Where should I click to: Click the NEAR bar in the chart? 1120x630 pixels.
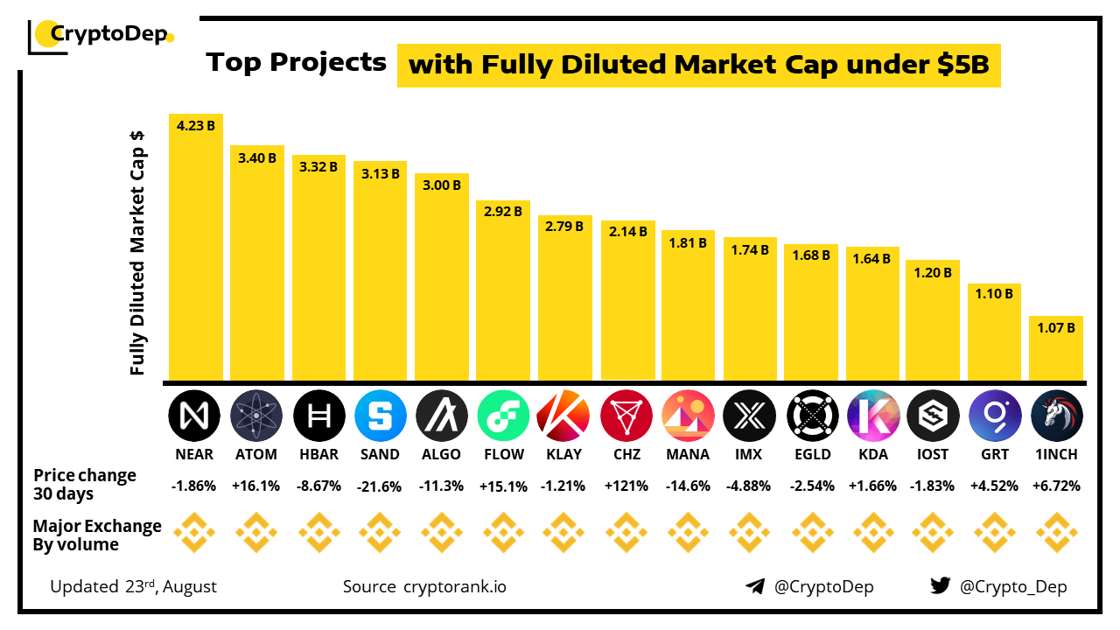click(x=195, y=254)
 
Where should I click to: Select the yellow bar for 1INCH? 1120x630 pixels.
click(x=1056, y=350)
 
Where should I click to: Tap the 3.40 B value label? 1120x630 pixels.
click(x=257, y=158)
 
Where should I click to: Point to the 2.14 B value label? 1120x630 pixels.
click(x=628, y=232)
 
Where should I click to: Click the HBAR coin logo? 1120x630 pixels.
click(x=318, y=415)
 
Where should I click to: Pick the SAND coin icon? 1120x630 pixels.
click(x=380, y=415)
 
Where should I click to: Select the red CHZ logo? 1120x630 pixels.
click(x=626, y=415)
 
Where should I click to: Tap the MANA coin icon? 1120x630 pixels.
click(x=688, y=415)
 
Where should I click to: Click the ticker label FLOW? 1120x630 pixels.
click(x=503, y=454)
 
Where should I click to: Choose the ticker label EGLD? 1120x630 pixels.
click(x=811, y=454)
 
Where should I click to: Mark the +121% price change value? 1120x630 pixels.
click(x=626, y=486)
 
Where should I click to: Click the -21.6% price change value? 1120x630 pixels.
click(x=380, y=486)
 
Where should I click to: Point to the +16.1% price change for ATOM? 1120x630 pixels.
click(x=256, y=486)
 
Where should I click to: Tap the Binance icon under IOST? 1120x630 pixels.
click(x=934, y=534)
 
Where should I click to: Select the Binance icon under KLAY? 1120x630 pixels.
click(x=564, y=534)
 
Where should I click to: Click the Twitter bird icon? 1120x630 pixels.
click(x=940, y=586)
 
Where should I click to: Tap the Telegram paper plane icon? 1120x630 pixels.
click(x=755, y=586)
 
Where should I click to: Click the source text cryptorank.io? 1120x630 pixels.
click(x=454, y=586)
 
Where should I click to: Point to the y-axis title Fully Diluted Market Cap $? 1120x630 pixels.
click(x=137, y=254)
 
